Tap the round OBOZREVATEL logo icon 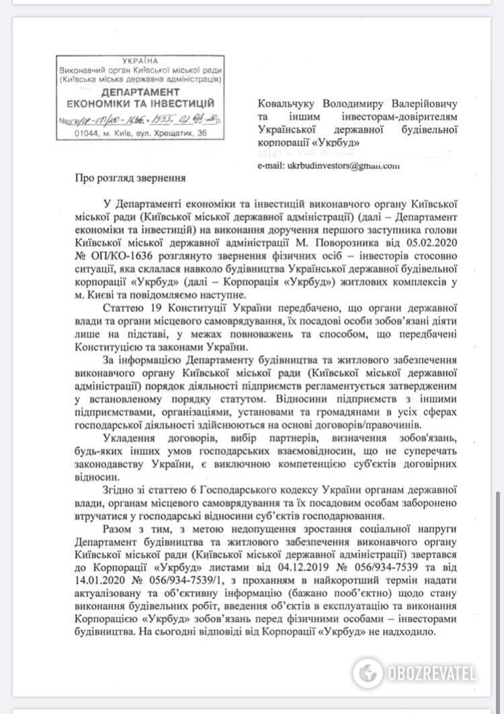tap(368, 673)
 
